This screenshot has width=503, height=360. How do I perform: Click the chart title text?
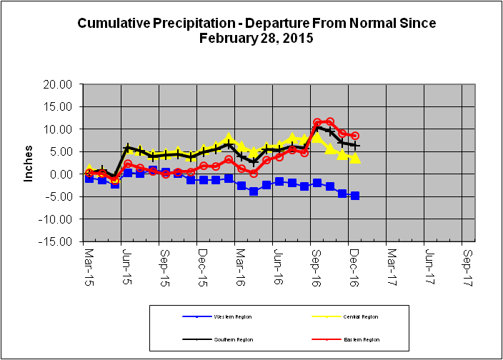pos(257,31)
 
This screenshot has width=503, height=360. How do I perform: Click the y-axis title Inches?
pos(29,164)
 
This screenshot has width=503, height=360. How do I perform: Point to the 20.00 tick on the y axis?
pos(61,84)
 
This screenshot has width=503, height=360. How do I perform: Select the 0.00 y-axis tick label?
pos(64,174)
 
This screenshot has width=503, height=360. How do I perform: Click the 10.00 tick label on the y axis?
pos(61,129)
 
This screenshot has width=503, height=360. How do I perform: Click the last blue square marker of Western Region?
pos(355,196)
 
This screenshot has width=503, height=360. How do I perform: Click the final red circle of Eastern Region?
pos(355,136)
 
